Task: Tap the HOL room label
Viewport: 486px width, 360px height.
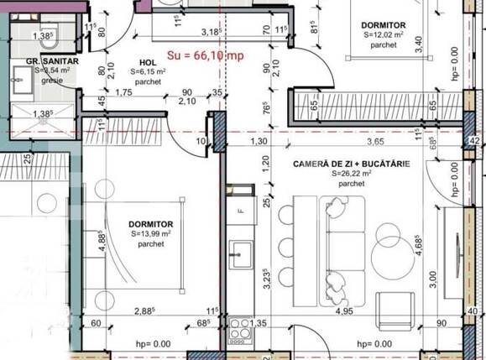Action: (147, 62)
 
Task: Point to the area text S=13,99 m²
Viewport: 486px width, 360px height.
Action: (152, 235)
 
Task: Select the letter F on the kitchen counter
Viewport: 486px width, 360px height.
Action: (241, 211)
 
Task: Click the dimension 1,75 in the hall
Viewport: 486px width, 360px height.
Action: (123, 92)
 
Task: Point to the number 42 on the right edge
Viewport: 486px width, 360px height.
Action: (473, 139)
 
